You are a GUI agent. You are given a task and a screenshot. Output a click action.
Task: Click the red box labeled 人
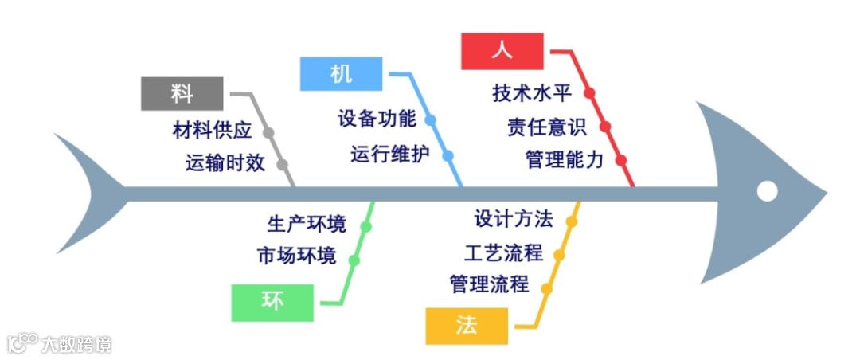coord(502,51)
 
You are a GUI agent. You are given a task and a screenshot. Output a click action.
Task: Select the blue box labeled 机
coord(340,73)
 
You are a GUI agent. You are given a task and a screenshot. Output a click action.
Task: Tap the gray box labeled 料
coord(182,93)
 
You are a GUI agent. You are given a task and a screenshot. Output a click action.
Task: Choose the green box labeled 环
coord(272,301)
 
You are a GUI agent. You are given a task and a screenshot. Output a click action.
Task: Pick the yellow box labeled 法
coord(466,325)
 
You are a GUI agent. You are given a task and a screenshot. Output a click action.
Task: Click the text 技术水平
coord(532,93)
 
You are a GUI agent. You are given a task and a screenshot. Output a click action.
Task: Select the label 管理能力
coord(564,160)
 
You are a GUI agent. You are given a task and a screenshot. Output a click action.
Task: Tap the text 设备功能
coord(377,120)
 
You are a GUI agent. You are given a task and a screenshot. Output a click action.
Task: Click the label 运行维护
coord(390,154)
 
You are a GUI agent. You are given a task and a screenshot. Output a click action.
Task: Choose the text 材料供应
coord(212,130)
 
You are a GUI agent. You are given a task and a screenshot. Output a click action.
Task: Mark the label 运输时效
coord(225,163)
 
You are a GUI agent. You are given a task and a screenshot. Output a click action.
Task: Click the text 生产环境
coord(307,225)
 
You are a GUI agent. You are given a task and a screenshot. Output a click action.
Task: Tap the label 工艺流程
coord(503,253)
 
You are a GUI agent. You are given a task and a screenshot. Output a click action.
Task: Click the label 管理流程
coord(489,284)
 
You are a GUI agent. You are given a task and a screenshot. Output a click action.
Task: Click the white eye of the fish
coord(767,191)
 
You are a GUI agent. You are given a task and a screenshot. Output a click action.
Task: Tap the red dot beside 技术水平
coord(589,93)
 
